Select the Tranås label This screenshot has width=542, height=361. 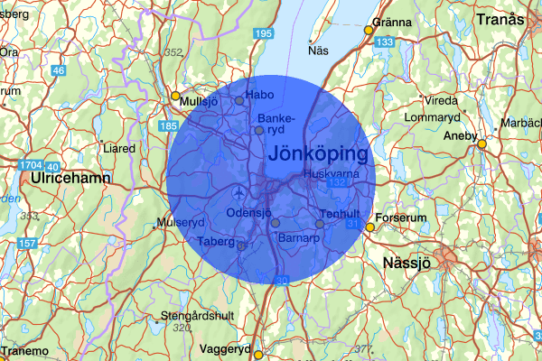pos(500,18)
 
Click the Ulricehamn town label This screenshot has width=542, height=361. pos(70,179)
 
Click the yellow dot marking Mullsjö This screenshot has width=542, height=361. pos(175,96)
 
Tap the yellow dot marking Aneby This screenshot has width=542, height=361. pos(482,143)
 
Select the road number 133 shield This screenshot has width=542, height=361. pos(385,42)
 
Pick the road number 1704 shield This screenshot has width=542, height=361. pos(30,165)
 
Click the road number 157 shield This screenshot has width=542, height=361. pos(28,245)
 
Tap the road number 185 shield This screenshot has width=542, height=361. pos(168,126)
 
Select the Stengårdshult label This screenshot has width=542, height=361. pos(194,317)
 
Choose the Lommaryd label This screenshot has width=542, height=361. pos(432,117)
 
